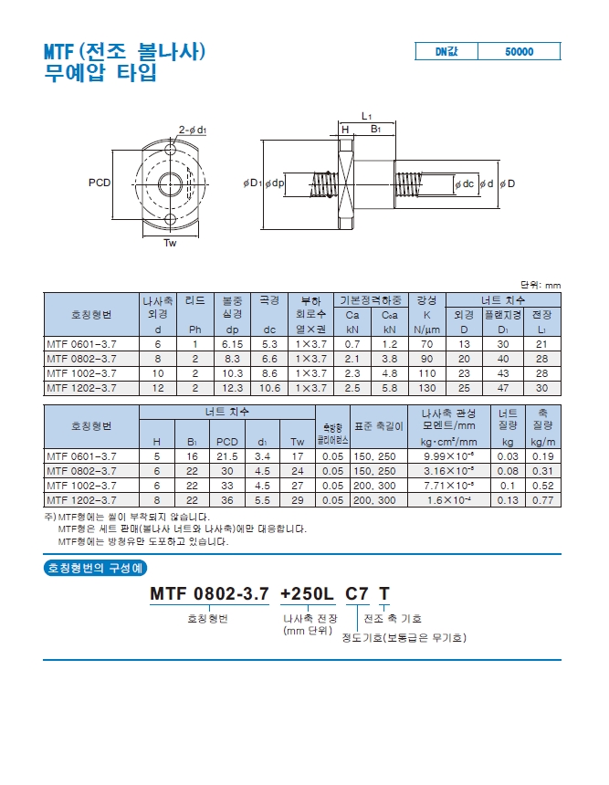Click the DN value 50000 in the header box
[519, 51]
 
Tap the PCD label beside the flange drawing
[100, 183]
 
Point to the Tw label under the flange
[170, 243]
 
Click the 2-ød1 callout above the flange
[193, 131]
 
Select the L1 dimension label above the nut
[367, 117]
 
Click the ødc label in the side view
[464, 183]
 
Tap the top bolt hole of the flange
[170, 149]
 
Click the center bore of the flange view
[170, 183]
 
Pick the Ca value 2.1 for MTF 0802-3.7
[352, 359]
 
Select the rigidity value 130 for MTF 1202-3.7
[426, 388]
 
